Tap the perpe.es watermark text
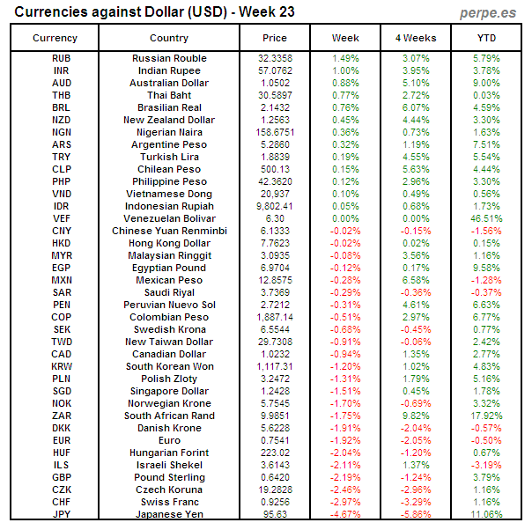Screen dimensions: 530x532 click(489, 13)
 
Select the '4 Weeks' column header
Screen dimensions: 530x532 click(416, 38)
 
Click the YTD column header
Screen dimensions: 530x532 click(486, 38)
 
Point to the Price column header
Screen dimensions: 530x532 click(275, 38)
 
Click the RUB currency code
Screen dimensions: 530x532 click(62, 58)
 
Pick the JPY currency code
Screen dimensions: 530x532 click(62, 514)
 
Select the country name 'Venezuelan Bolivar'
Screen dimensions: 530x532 click(169, 218)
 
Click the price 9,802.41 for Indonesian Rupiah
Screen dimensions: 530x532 click(275, 206)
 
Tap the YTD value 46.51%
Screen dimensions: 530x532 click(486, 218)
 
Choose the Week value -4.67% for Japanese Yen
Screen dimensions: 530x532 click(345, 514)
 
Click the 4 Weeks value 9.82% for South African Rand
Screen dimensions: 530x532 click(416, 416)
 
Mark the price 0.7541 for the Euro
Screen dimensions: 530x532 click(275, 440)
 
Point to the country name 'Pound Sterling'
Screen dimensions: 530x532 click(169, 477)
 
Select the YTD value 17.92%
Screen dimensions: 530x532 click(486, 416)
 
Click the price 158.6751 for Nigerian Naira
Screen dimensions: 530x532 click(275, 132)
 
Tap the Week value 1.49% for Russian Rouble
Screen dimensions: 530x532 click(345, 58)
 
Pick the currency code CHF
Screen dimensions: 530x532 click(62, 502)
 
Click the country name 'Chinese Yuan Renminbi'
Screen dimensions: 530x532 click(169, 231)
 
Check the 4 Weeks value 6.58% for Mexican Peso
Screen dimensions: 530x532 click(416, 280)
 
